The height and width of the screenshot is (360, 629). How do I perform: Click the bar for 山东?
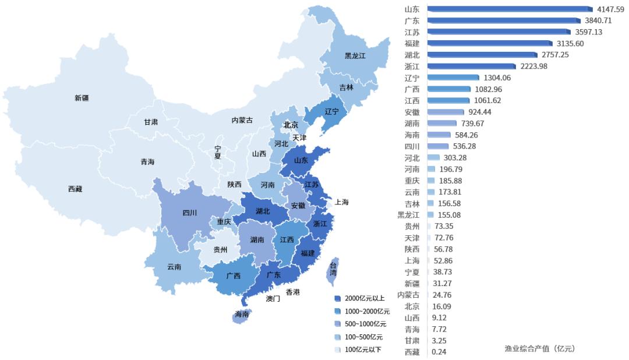click(510, 9)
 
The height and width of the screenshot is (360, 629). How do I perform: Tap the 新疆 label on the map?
click(82, 98)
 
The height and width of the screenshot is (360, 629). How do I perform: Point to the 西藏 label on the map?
click(75, 189)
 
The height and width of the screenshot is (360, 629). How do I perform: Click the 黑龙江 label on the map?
click(355, 56)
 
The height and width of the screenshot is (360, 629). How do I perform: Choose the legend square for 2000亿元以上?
click(338, 298)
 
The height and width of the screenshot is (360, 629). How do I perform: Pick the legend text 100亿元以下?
click(363, 350)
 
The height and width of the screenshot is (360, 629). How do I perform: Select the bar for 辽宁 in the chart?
click(453, 77)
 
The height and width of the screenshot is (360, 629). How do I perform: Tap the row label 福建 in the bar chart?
click(412, 44)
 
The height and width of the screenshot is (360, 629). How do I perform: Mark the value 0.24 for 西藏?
click(440, 352)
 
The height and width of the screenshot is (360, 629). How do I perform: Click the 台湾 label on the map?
click(333, 269)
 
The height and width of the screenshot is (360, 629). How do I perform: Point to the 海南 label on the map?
click(242, 314)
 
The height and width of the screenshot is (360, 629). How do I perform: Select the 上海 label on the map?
click(341, 202)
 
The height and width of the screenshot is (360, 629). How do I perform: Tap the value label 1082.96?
click(488, 89)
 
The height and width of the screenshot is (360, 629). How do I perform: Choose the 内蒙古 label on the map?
click(242, 120)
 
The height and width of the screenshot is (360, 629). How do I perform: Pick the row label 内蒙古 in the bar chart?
click(408, 295)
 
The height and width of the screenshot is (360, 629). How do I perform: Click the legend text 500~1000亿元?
click(366, 324)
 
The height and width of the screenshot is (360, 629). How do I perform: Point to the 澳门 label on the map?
click(273, 298)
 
